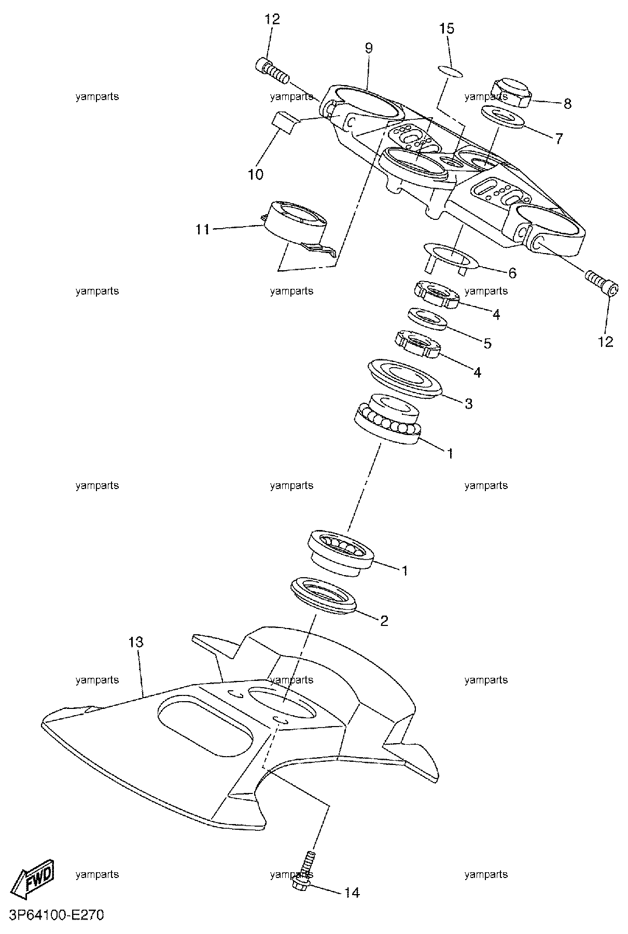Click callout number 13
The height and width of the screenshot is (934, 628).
pos(136,643)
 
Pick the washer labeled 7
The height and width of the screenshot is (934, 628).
pos(502,116)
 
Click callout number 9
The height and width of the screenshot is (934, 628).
pos(368,48)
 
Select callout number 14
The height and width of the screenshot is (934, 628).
pos(351,893)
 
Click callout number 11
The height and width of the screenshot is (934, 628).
pos(203,229)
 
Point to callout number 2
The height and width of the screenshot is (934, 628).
pos(384,620)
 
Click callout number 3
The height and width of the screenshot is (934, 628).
pos(468,403)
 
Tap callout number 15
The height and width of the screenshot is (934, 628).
pos(447,28)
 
